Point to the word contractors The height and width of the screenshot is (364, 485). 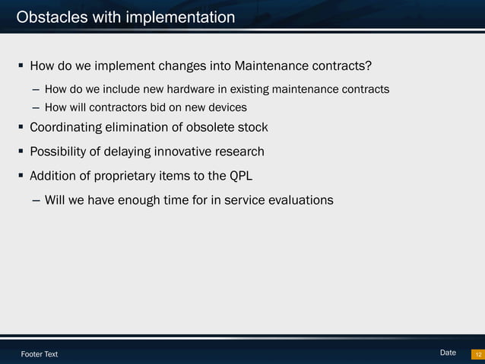tap(121, 107)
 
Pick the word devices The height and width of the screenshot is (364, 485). tap(226, 107)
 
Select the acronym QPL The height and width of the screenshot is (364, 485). tap(239, 176)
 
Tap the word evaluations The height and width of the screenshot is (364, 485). tap(296, 201)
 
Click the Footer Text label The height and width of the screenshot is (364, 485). tap(39, 354)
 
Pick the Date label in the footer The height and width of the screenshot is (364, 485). tap(448, 353)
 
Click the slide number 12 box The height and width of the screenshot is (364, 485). tap(477, 354)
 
